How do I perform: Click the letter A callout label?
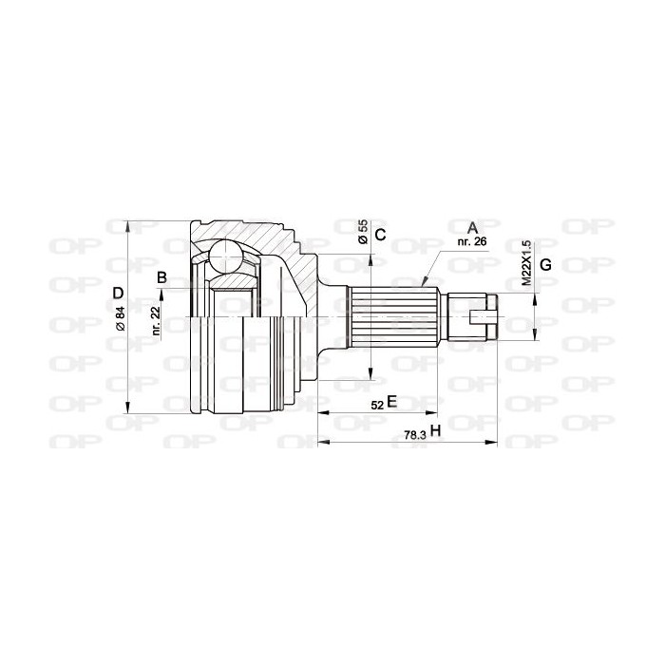[x=472, y=228]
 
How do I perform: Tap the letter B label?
[x=161, y=278]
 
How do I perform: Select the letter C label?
[x=381, y=235]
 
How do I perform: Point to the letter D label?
[x=119, y=293]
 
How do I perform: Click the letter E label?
[x=391, y=401]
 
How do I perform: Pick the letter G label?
[x=545, y=265]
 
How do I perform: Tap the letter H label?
[x=435, y=431]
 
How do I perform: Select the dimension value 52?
[x=377, y=406]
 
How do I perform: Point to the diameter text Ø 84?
[x=120, y=318]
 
